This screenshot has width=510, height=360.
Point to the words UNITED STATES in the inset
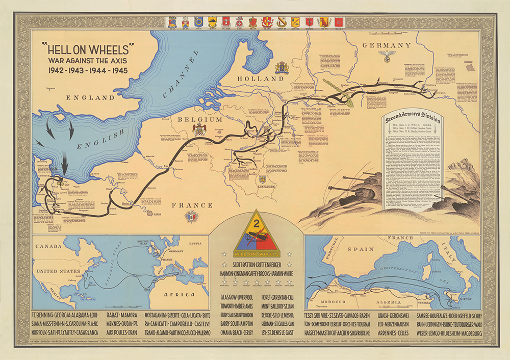click(57, 271)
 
